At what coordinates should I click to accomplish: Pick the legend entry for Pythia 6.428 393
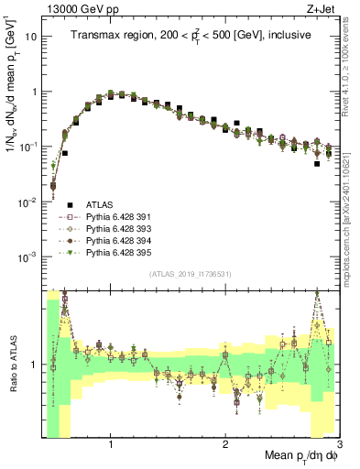[x=118, y=229]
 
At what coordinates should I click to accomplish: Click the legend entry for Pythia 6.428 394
[x=118, y=241]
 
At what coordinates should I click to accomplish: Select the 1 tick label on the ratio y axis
[x=32, y=365]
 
